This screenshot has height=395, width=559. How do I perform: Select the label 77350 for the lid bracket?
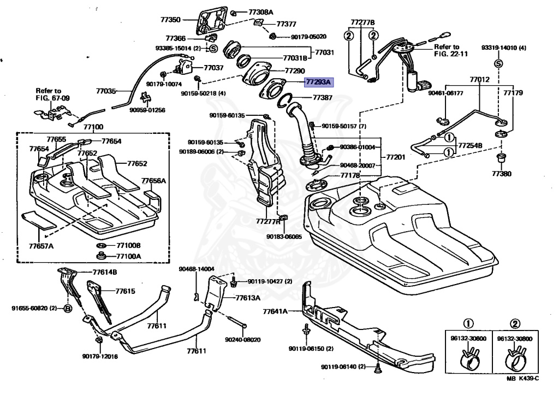pos(170,19)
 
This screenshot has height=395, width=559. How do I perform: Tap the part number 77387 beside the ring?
pos(322,97)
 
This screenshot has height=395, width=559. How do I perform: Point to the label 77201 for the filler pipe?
pos(396,157)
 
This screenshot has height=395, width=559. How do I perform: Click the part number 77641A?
pos(275,312)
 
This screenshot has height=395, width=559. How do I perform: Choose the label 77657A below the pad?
pos(41,246)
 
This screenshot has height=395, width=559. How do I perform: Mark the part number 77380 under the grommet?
pos(499,174)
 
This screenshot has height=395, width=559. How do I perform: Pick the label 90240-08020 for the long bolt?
pos(243,339)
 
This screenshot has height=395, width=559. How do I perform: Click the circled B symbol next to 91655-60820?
pos(68,308)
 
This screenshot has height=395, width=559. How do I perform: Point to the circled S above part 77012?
pos(498,64)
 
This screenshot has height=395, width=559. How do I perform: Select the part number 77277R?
pos(267,221)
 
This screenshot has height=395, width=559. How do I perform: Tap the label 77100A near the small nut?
pos(128,256)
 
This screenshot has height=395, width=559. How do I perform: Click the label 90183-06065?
pos(284,237)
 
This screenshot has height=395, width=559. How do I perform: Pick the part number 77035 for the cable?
pos(106,91)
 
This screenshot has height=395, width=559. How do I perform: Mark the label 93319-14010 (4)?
pos(503,48)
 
